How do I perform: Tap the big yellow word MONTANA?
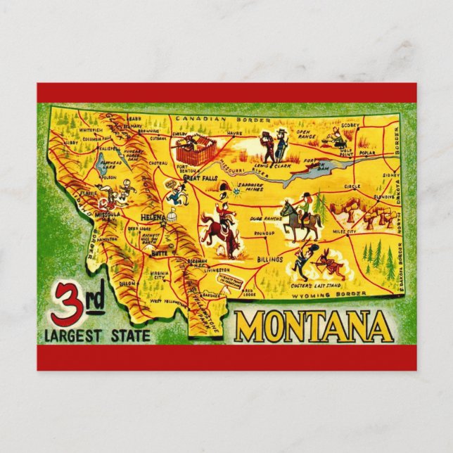point(313,326)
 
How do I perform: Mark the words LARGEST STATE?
point(96,336)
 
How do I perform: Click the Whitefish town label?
point(90,131)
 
